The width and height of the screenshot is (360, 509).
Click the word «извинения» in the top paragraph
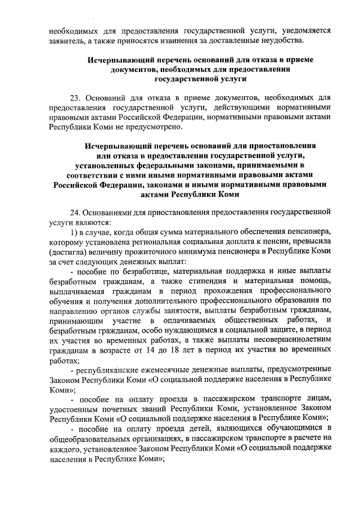206,40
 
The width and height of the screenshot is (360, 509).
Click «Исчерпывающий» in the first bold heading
120,59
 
